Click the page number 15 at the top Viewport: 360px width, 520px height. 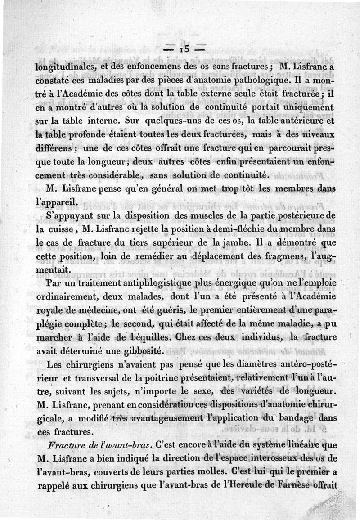tap(185, 49)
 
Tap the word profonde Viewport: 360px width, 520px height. tap(83, 134)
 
